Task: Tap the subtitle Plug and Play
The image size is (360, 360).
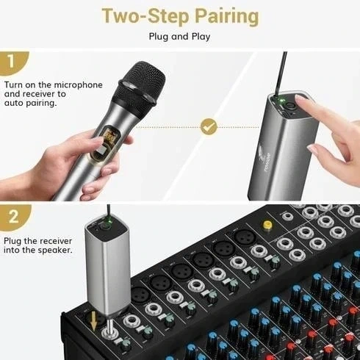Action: tap(180, 36)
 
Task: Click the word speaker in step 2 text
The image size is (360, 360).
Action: tap(53, 250)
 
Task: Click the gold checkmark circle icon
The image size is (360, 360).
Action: tap(210, 126)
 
